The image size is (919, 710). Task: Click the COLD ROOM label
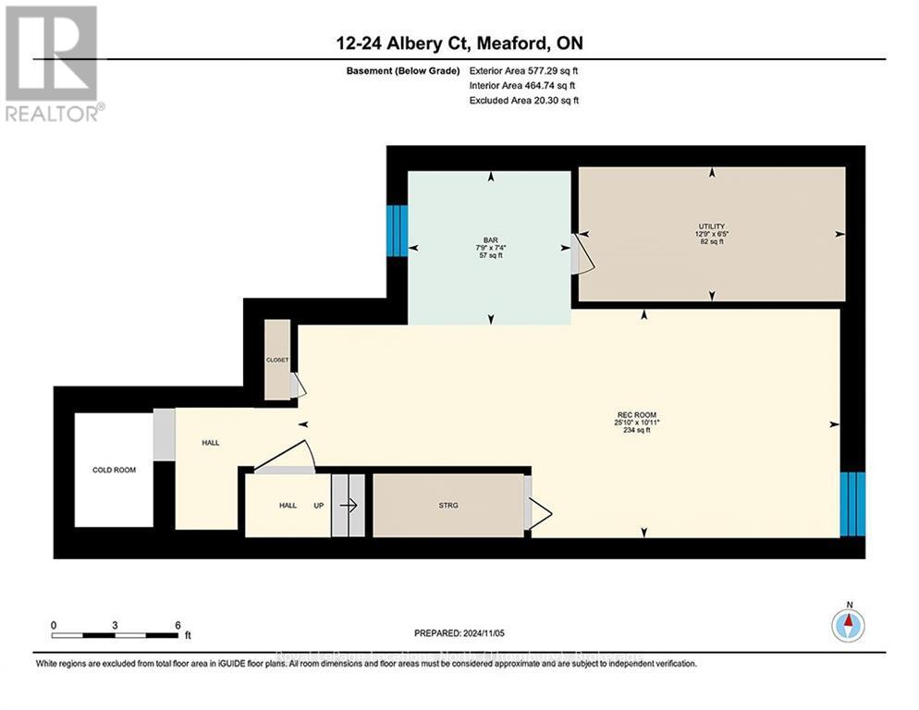click(114, 470)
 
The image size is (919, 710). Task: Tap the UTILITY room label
click(711, 226)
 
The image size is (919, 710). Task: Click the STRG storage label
click(448, 505)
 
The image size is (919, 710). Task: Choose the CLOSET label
click(277, 360)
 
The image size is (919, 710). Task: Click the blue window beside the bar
click(397, 230)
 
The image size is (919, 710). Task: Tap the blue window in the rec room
click(852, 504)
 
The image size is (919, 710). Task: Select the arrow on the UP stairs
click(349, 505)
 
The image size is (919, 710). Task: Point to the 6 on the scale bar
click(177, 625)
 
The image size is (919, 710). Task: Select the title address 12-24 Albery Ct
click(459, 43)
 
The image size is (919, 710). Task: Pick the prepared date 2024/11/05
click(459, 633)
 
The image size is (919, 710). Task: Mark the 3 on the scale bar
click(115, 625)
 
